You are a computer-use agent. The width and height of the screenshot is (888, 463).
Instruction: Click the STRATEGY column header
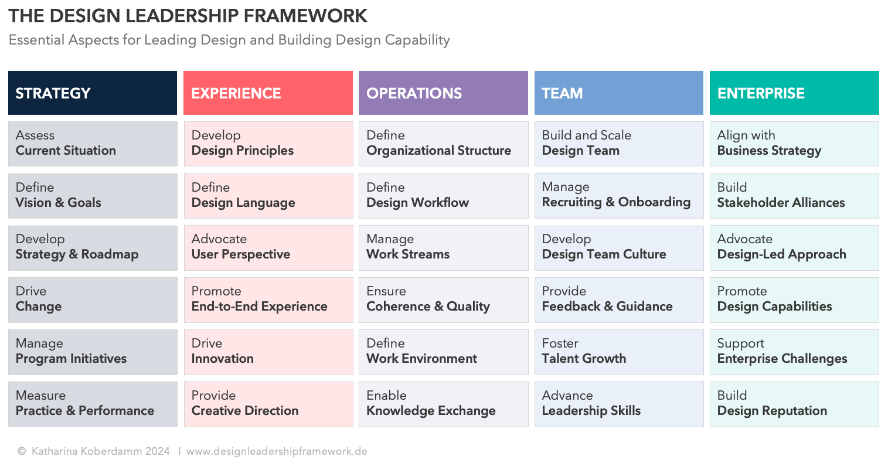pos(93,93)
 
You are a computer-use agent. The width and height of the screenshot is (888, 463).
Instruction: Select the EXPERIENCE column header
pos(268,93)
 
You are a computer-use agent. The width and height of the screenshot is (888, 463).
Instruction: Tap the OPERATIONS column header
pos(443,93)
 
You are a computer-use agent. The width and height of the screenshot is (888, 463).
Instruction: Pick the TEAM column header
pos(618,93)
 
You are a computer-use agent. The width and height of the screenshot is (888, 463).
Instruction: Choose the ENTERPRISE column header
pos(794,93)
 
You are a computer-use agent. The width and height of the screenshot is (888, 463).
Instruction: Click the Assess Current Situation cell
pos(93,144)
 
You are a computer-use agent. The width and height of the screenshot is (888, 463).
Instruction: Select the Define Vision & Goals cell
pos(93,196)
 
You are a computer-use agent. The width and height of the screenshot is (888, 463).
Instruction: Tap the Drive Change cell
pos(93,299)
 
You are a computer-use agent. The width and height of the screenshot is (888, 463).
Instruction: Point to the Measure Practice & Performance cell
pos(93,404)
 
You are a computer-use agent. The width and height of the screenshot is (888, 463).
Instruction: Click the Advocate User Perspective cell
pos(268,247)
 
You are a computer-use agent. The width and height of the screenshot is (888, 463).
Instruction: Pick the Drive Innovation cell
pos(268,352)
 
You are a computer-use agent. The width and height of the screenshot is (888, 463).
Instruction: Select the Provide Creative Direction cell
pos(268,404)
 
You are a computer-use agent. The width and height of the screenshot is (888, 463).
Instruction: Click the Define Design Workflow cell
pos(443,196)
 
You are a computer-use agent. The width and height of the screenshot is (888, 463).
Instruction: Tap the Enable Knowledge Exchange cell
pos(443,404)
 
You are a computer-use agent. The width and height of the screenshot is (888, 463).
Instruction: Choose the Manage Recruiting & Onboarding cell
pos(618,196)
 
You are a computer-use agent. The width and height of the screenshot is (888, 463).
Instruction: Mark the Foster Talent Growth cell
pos(618,352)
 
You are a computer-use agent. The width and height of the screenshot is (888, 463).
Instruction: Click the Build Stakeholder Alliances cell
pos(794,196)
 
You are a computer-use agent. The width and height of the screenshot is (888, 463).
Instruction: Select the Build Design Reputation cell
pos(794,404)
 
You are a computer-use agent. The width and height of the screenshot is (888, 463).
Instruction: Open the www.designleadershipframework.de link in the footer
pos(277,451)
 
